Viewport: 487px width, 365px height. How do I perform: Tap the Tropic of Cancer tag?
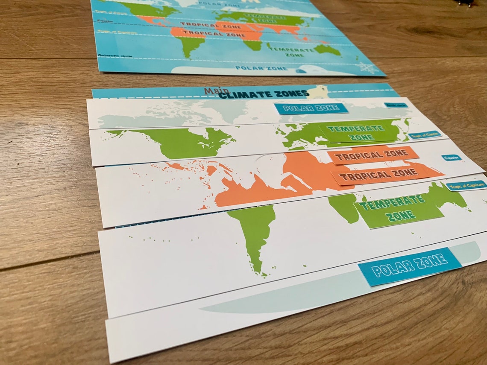point(424,135)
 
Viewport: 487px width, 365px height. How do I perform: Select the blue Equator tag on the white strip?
point(451,158)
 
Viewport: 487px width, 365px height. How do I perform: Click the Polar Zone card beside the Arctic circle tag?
point(311,108)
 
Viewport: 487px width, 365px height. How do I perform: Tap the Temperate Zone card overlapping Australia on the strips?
point(398,210)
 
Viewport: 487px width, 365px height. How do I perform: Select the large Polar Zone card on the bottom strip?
point(409,266)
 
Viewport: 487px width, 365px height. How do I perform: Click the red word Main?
point(216,91)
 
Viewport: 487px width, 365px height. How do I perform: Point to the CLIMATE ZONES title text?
point(263,94)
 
